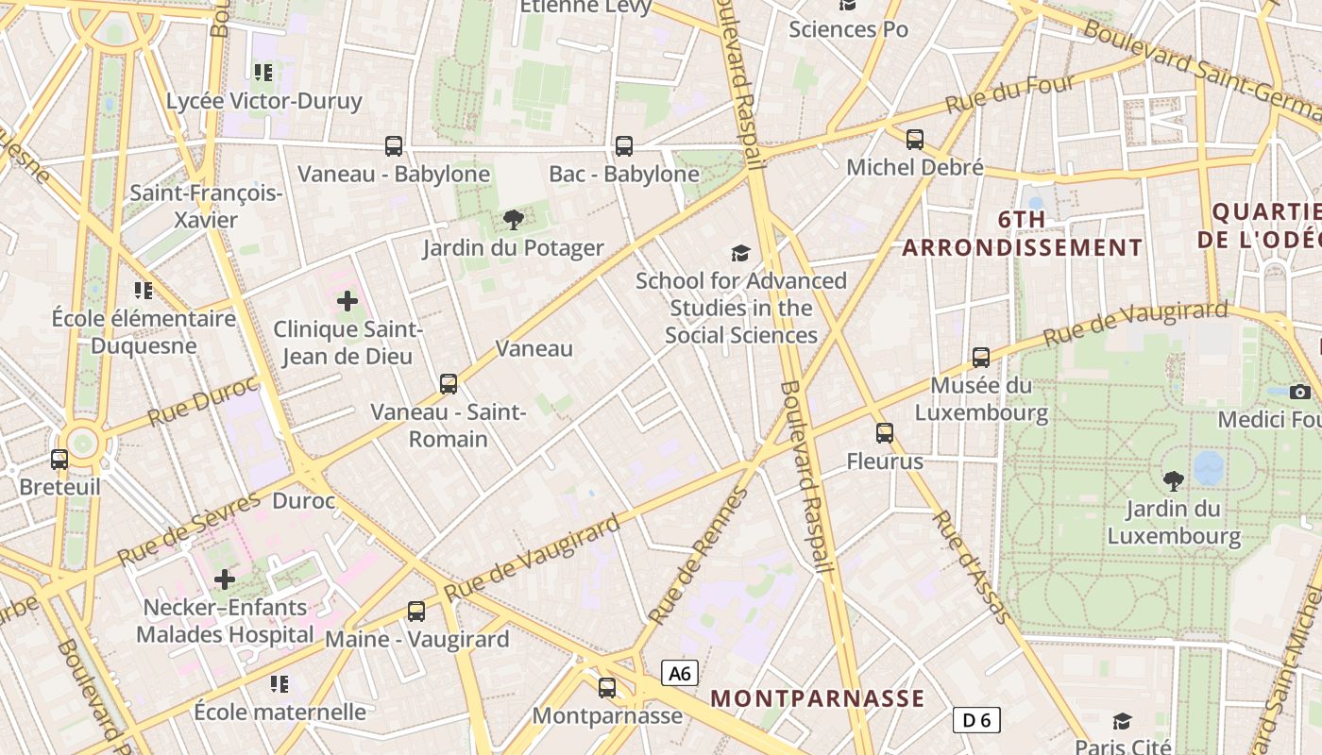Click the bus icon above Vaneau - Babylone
click(x=394, y=146)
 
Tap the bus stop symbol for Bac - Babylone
click(x=624, y=146)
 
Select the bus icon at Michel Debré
click(x=915, y=140)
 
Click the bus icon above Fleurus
click(x=885, y=433)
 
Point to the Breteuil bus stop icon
click(x=59, y=460)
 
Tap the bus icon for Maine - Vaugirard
click(x=416, y=611)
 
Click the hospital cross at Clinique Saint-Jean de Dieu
click(x=347, y=302)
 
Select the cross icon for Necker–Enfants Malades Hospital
click(x=225, y=579)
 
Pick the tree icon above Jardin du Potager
click(x=514, y=221)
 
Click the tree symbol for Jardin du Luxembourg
click(x=1174, y=481)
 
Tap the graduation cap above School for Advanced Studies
click(x=741, y=253)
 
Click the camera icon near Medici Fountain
click(x=1300, y=392)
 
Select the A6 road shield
click(x=680, y=673)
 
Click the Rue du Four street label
click(x=1009, y=94)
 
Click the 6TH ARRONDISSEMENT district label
click(x=1023, y=234)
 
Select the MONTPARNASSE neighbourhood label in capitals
click(x=818, y=698)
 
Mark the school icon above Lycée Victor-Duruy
click(x=263, y=72)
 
